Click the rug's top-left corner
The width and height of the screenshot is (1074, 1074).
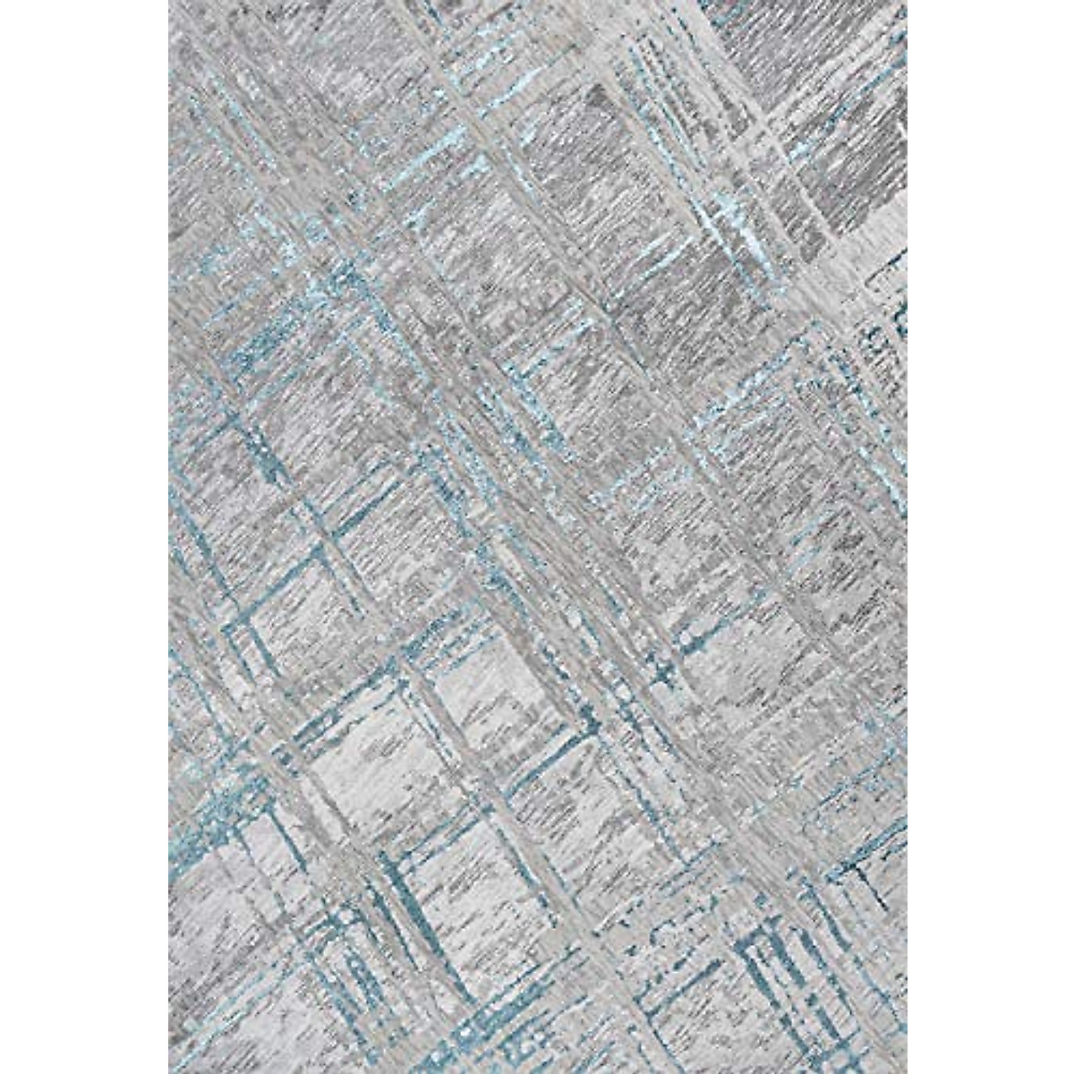169,3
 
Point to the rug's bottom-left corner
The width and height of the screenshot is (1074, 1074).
169,1071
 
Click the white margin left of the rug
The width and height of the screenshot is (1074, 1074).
84,537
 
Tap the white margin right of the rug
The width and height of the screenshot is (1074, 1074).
990,537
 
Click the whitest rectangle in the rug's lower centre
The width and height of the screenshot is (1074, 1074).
465,689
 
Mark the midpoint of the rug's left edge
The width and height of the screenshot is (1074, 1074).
169,537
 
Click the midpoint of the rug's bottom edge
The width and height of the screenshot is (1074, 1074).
537,1071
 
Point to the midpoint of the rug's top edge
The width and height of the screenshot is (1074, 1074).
537,3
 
